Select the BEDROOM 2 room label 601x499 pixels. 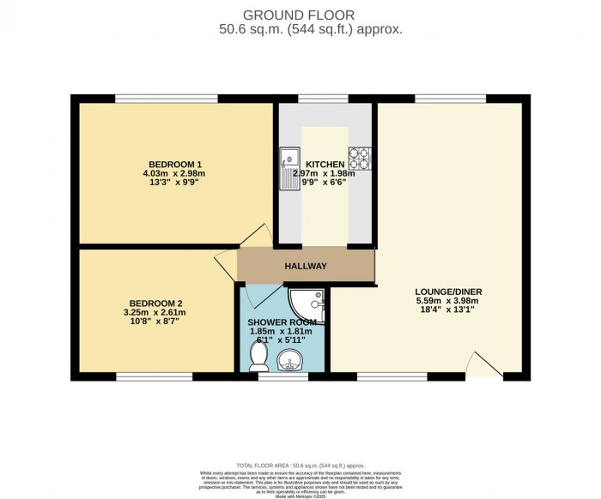(156, 303)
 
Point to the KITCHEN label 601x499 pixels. (324, 165)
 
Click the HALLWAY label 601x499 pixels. (306, 267)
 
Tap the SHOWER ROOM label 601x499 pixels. (282, 322)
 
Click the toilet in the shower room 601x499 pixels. (258, 358)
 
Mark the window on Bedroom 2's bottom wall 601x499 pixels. (155, 376)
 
